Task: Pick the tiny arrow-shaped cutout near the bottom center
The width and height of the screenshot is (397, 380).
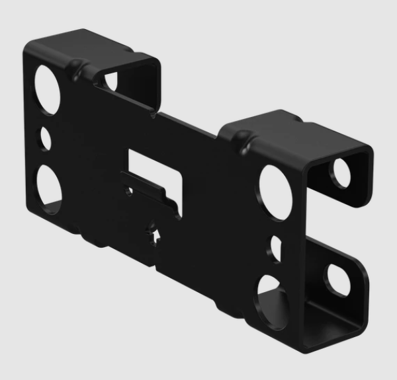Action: (x=157, y=234)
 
